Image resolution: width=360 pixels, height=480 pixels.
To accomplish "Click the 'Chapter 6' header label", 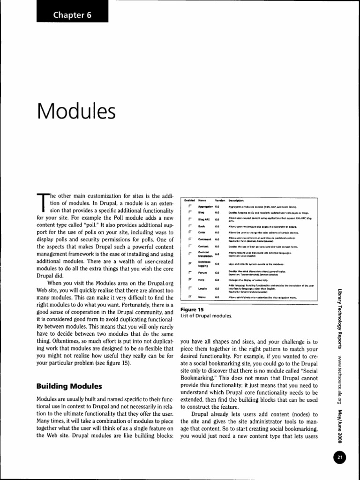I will pos(72,15).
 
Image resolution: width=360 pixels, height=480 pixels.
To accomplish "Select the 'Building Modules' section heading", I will pos(69,386).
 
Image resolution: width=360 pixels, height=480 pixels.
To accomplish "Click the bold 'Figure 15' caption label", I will pos(192,310).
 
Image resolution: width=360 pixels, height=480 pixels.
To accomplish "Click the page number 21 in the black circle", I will pos(340,457).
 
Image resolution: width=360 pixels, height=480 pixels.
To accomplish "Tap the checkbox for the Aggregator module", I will pos(190,206).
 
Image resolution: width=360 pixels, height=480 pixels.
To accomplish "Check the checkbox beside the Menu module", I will pos(190,297).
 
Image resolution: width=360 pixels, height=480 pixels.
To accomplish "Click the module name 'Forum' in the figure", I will pos(203,272).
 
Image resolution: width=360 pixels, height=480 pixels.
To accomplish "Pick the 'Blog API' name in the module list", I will pos(203,219).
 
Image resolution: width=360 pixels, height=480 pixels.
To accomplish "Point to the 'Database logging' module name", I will pos(203,263).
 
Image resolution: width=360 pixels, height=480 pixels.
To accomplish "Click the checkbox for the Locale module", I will pos(190,288).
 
